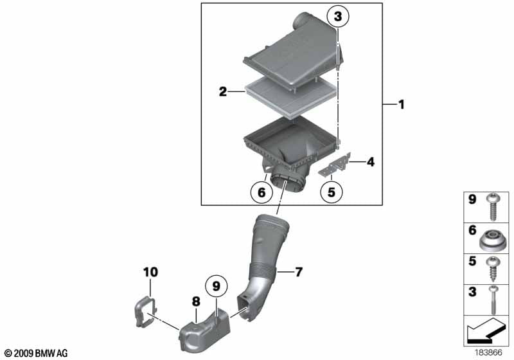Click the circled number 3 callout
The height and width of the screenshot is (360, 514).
click(338, 16)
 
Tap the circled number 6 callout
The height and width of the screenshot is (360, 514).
click(261, 192)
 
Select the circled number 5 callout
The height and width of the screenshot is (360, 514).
click(332, 192)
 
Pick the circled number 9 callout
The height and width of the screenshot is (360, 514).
click(217, 286)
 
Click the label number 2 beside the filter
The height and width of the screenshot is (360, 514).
click(223, 92)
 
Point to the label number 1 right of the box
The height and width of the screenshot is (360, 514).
click(401, 105)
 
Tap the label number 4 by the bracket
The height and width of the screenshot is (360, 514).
click(371, 161)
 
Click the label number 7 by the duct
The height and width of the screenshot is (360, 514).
click(298, 272)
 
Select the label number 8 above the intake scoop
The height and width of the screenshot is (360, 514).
click(196, 301)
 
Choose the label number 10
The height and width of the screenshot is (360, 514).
click(150, 272)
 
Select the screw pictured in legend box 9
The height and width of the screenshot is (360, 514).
click(492, 207)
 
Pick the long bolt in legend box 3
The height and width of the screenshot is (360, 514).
click(493, 300)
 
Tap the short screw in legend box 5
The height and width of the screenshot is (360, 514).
click(492, 269)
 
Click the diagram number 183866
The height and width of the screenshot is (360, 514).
click(489, 353)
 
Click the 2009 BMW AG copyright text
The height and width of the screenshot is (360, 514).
click(37, 354)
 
